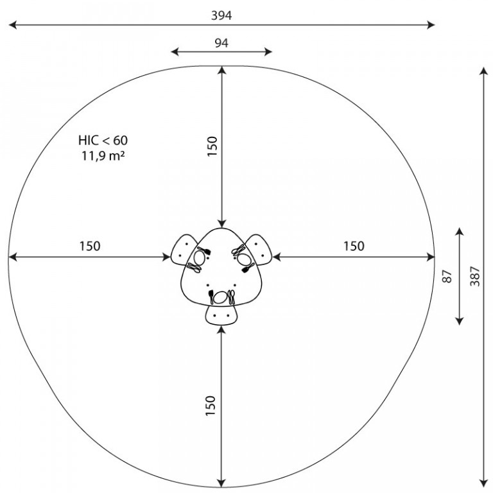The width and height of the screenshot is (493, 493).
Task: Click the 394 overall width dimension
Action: coord(221,15)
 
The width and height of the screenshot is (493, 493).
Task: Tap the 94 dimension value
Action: coord(221,43)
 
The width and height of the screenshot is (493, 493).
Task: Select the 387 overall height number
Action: coord(475,277)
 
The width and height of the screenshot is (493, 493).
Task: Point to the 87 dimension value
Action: coord(447,277)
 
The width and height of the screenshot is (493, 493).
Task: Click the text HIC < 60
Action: coord(103,140)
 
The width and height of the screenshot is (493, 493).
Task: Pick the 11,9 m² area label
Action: coord(103,155)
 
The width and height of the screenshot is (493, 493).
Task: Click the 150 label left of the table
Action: coord(90,246)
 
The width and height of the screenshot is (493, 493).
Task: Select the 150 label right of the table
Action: coord(354,246)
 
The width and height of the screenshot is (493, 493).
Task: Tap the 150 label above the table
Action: coord(212,146)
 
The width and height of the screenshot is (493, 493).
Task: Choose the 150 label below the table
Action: coord(211,406)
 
